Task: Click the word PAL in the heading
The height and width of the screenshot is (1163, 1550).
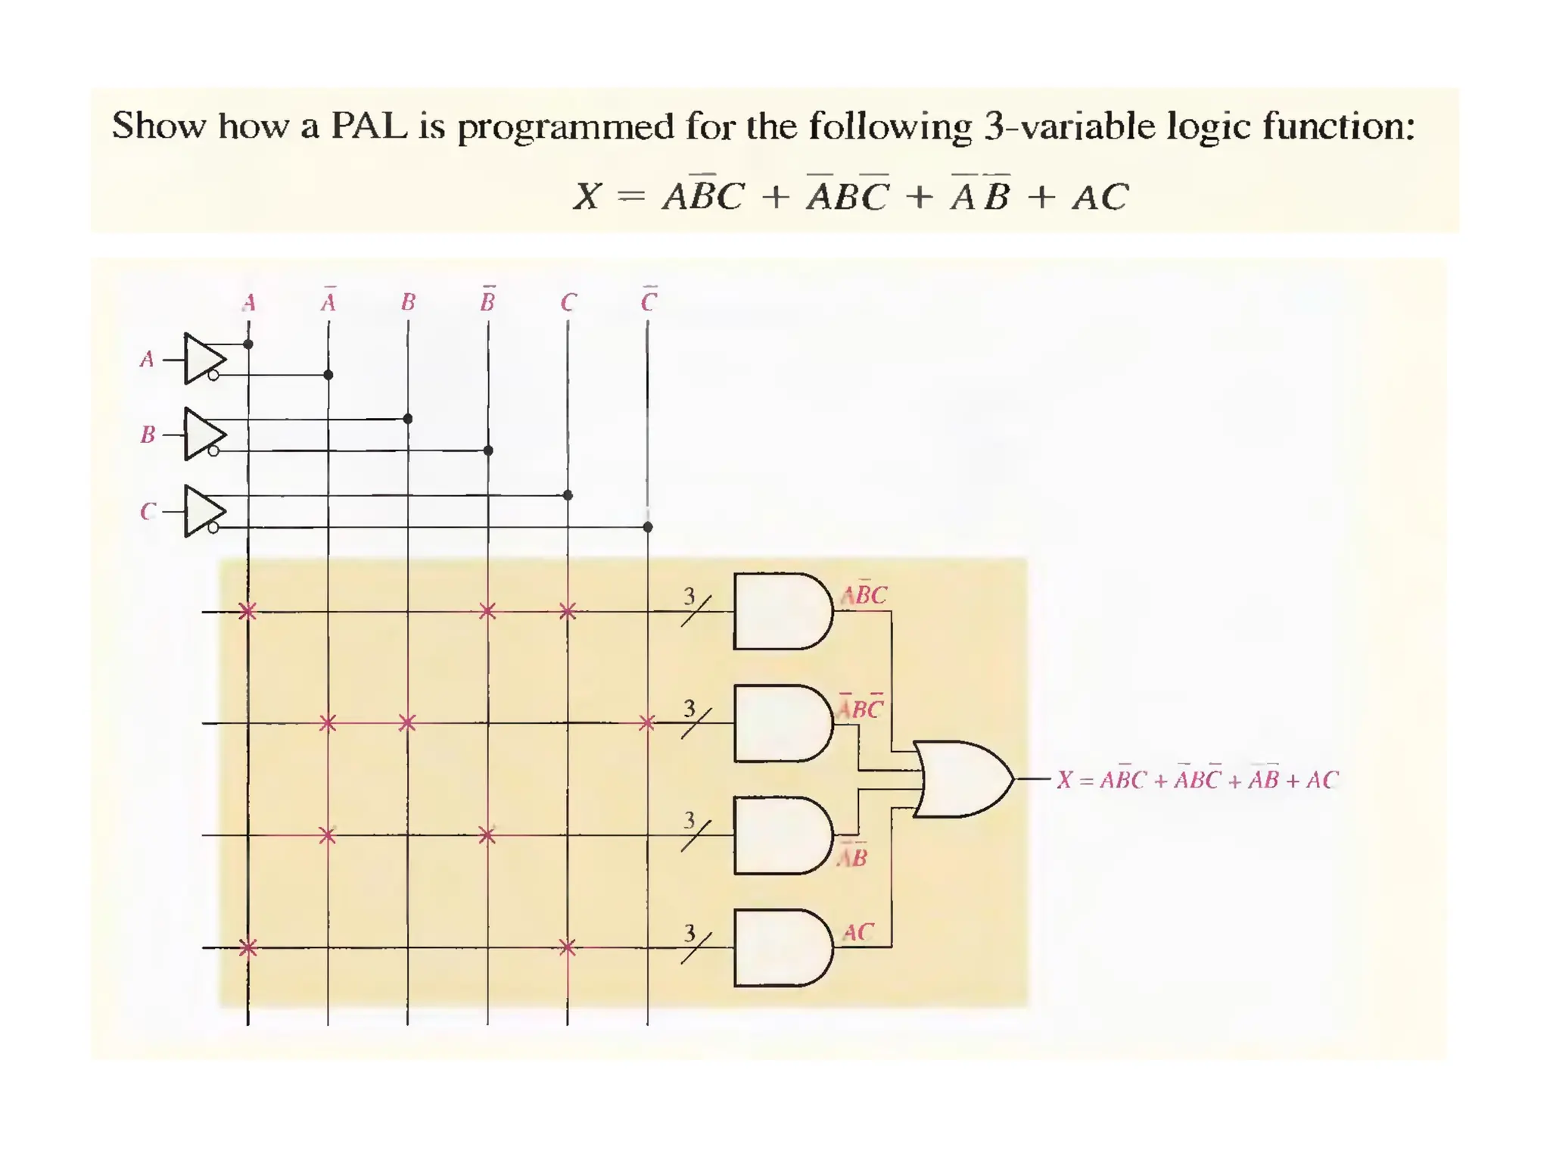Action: click(x=369, y=126)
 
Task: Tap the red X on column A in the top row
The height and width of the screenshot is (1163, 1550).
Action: click(x=247, y=611)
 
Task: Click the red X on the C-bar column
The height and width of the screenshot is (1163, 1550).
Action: click(x=647, y=723)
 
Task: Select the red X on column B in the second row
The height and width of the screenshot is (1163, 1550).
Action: click(x=407, y=723)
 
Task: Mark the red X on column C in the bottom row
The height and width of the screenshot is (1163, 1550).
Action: click(x=568, y=947)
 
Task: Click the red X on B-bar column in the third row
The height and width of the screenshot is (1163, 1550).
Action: click(x=487, y=836)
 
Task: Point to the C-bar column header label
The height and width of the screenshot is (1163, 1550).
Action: click(x=649, y=301)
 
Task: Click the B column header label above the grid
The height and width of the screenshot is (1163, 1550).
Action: click(x=408, y=303)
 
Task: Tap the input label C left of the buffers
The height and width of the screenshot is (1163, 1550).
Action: click(x=148, y=512)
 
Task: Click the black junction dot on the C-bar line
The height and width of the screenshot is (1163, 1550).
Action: click(x=648, y=527)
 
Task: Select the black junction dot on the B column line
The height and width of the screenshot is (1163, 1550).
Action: click(x=408, y=419)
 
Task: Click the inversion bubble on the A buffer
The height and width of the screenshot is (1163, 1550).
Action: click(x=213, y=375)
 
